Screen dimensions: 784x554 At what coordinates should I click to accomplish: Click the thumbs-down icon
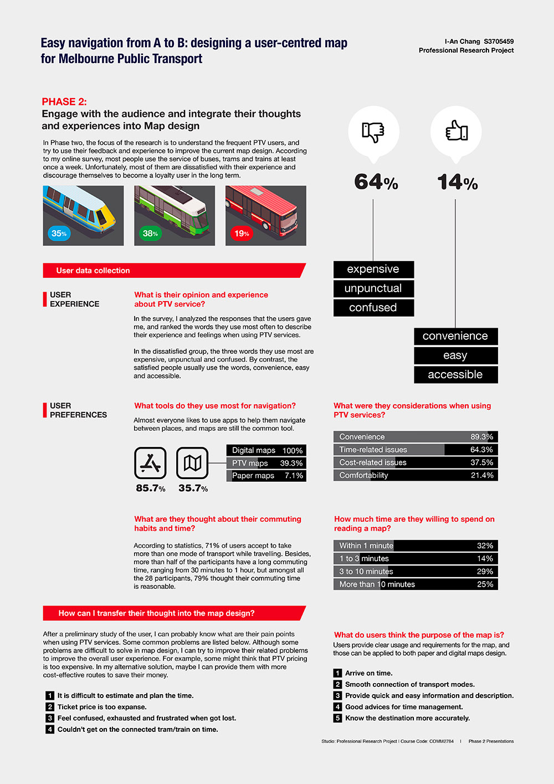[373, 132]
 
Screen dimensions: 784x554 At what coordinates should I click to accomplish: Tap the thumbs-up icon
[456, 131]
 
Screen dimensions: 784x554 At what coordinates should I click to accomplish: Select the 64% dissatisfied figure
[376, 182]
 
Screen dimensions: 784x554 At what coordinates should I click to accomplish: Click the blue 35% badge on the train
[59, 233]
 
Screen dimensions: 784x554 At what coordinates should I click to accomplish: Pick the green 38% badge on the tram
[150, 233]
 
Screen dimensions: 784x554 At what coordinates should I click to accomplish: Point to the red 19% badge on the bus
[242, 233]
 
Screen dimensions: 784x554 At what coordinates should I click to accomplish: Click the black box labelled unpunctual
[373, 288]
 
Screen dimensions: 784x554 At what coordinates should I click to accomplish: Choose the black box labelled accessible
[455, 375]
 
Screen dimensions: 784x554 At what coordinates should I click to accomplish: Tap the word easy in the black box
[455, 355]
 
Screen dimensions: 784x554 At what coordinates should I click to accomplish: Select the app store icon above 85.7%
[150, 463]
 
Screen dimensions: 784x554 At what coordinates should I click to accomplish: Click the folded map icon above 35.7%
[192, 463]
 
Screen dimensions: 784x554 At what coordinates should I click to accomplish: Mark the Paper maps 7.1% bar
[266, 476]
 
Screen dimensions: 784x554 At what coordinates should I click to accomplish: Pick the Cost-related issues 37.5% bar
[416, 462]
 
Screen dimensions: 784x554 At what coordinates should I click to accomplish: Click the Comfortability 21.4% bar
[416, 475]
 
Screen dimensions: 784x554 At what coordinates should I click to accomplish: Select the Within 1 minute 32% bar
[416, 546]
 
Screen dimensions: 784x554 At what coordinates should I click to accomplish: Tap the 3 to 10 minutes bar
[416, 572]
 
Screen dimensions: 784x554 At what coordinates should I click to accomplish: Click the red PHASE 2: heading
[64, 102]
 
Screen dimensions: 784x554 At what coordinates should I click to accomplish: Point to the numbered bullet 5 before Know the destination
[337, 718]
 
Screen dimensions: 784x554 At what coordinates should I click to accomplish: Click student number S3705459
[499, 42]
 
